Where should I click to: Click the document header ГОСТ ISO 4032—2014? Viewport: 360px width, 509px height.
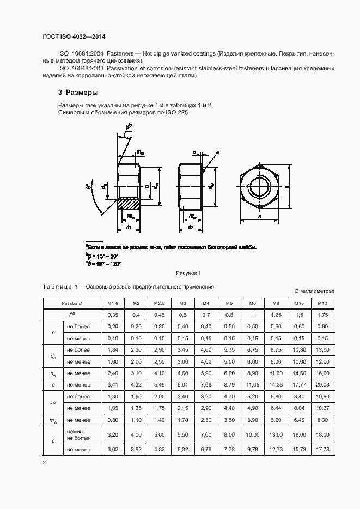click(x=74, y=36)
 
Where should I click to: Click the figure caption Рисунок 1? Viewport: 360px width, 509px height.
click(x=188, y=273)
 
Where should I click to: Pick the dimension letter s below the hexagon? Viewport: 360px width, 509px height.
click(x=259, y=216)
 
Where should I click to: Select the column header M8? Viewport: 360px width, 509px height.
click(x=276, y=303)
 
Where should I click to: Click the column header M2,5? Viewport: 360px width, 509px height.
click(x=159, y=303)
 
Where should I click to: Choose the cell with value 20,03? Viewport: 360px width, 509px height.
click(x=322, y=384)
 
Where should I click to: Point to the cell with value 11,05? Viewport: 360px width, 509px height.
click(x=252, y=384)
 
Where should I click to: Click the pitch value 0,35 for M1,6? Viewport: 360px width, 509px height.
click(x=113, y=315)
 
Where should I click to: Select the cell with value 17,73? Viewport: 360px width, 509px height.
click(x=322, y=450)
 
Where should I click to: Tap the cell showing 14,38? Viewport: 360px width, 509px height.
click(x=276, y=384)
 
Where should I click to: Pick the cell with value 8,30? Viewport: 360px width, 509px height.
click(x=322, y=420)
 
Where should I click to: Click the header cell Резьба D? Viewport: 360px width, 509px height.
click(x=71, y=303)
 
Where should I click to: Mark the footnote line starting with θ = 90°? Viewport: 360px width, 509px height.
click(x=103, y=263)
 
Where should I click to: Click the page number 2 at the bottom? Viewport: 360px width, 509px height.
click(x=44, y=463)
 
